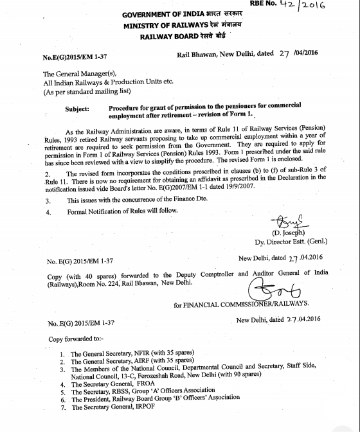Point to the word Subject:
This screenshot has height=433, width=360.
point(78,109)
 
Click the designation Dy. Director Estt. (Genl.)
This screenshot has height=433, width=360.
point(291,242)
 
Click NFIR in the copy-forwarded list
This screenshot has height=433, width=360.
point(145,354)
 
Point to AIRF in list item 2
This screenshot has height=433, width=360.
point(144,362)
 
